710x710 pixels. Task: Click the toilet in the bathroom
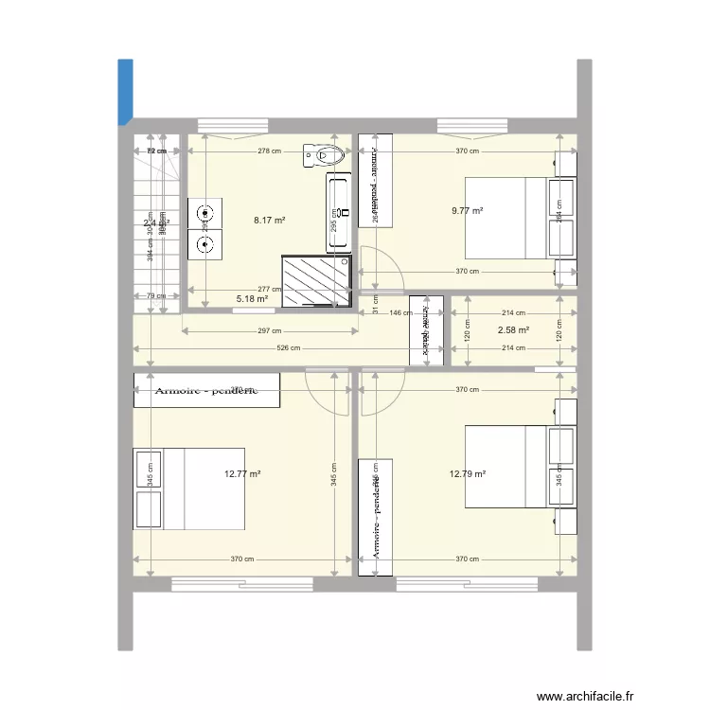(319, 154)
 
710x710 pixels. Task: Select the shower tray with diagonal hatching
(317, 280)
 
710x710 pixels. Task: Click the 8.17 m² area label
(269, 221)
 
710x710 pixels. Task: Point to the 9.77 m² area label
(469, 211)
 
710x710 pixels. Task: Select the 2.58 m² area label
(513, 330)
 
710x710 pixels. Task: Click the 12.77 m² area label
(242, 474)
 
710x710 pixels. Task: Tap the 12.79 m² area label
(469, 474)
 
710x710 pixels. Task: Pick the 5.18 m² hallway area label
(251, 299)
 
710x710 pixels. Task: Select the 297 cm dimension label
(269, 331)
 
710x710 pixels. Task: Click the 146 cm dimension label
(401, 313)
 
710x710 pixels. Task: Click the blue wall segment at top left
(125, 92)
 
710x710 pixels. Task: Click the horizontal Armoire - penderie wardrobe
(206, 390)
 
